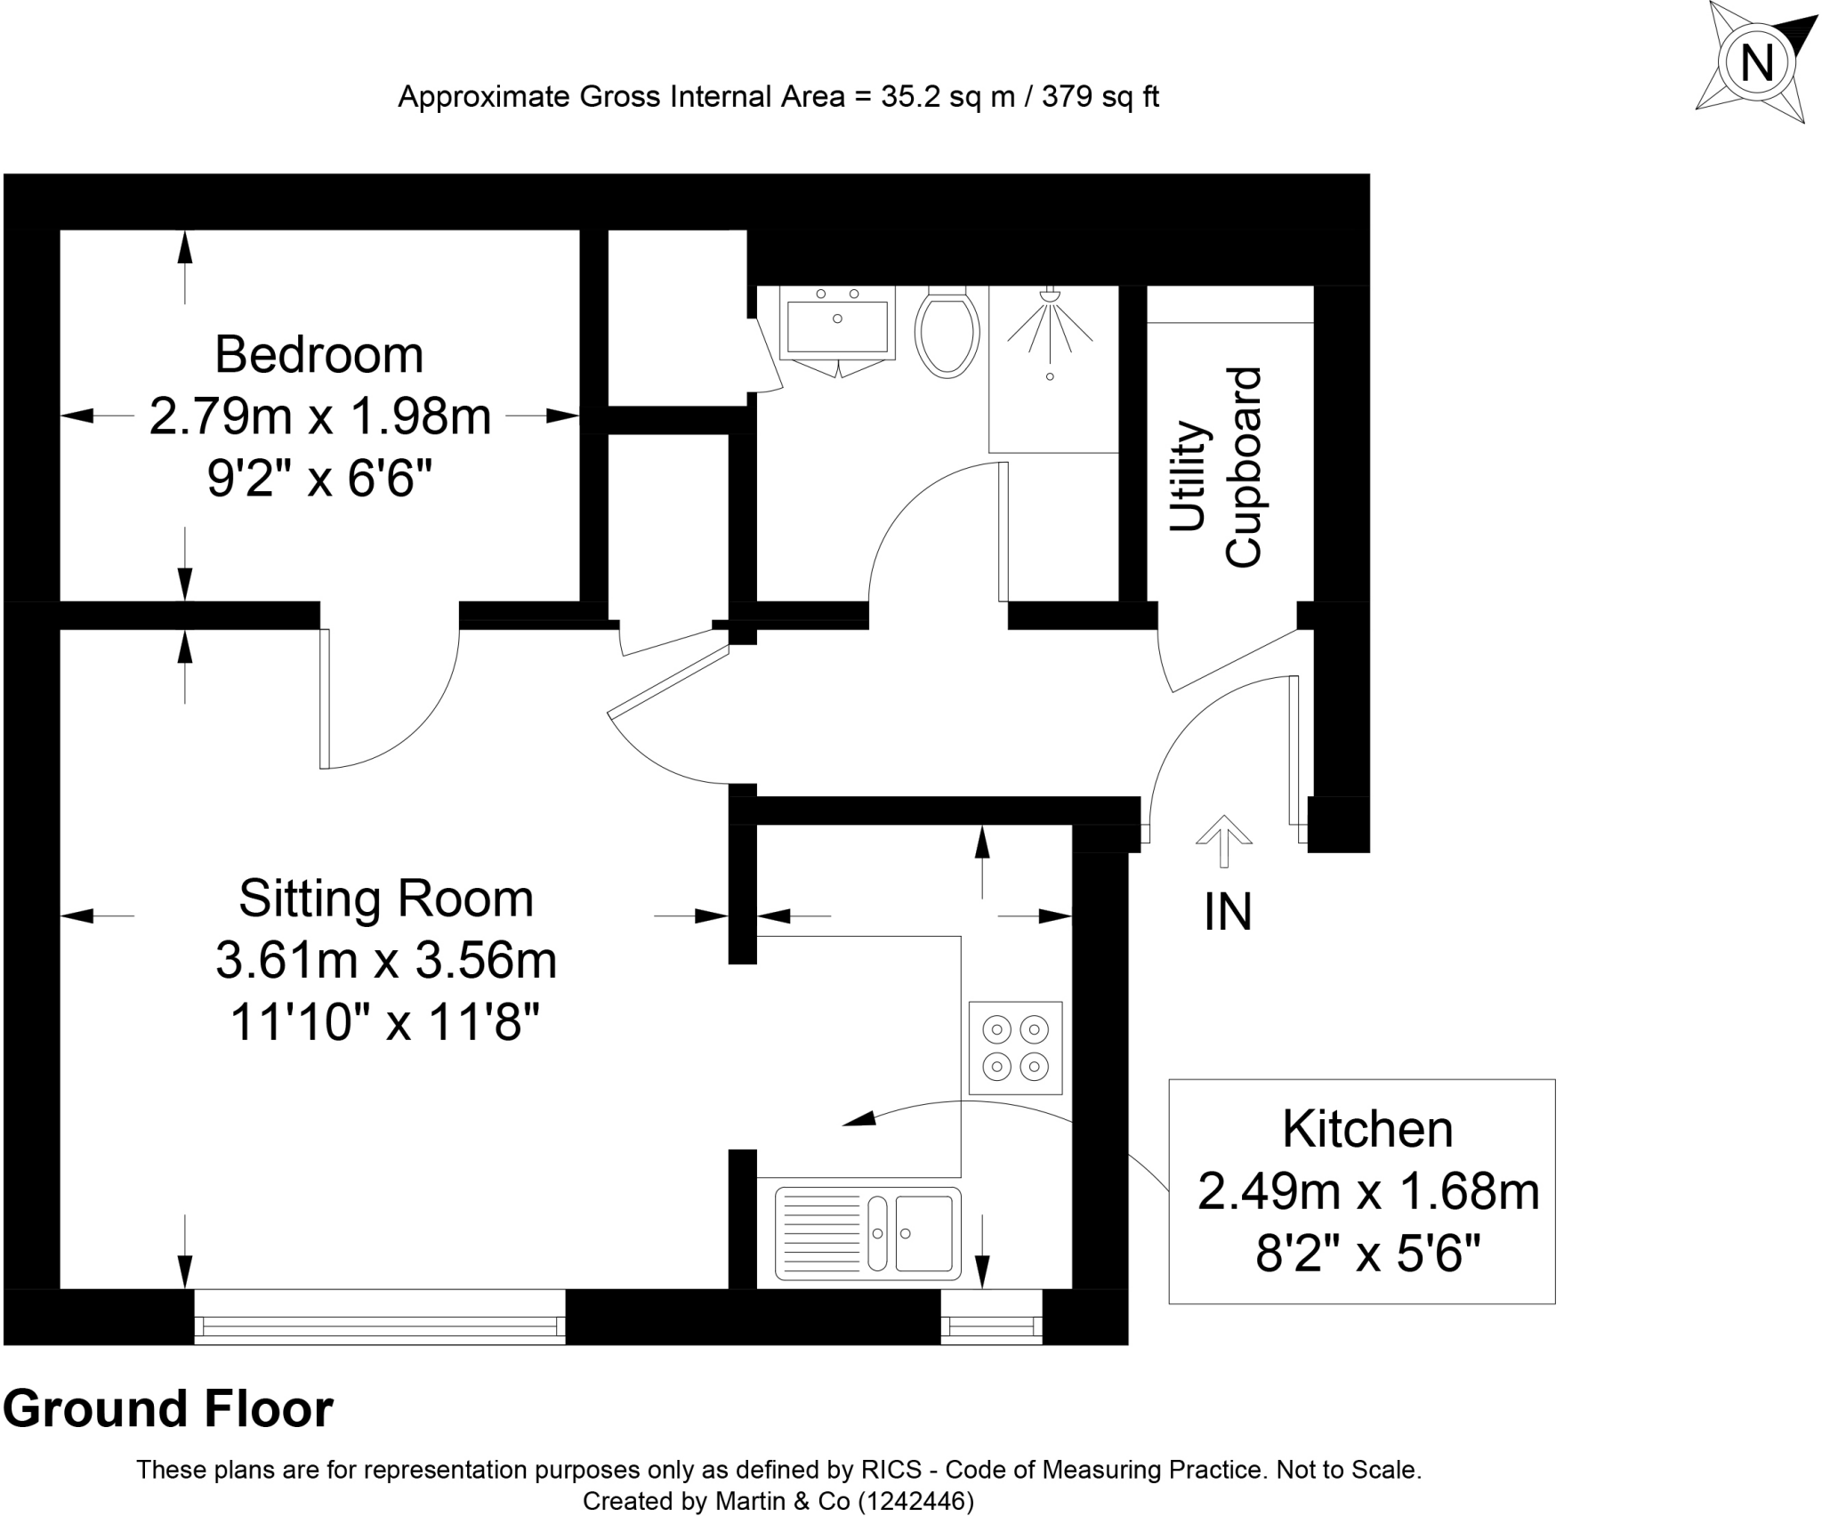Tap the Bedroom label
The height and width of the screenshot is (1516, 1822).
click(318, 355)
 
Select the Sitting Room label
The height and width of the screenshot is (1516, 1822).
click(386, 899)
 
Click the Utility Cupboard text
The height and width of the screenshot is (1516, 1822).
click(1216, 467)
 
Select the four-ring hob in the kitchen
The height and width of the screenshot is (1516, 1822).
click(1015, 1048)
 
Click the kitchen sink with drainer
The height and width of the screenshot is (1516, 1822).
click(867, 1233)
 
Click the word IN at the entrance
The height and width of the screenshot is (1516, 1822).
click(1228, 913)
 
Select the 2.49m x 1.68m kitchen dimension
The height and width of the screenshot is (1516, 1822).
click(1367, 1192)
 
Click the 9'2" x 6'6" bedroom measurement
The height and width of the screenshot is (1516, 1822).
click(319, 480)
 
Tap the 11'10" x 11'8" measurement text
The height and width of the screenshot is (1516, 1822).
click(386, 1022)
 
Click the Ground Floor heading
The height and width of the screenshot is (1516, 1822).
click(168, 1409)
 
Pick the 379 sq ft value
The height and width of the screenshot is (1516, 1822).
click(1100, 96)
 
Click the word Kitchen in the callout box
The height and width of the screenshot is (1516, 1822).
click(1367, 1130)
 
